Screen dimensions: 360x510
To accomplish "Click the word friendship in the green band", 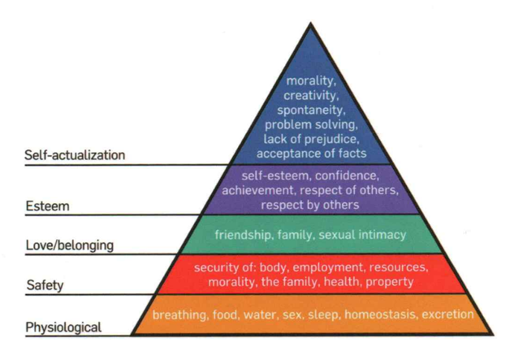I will click(x=243, y=235).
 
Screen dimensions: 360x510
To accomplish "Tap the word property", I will click(x=389, y=281).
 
